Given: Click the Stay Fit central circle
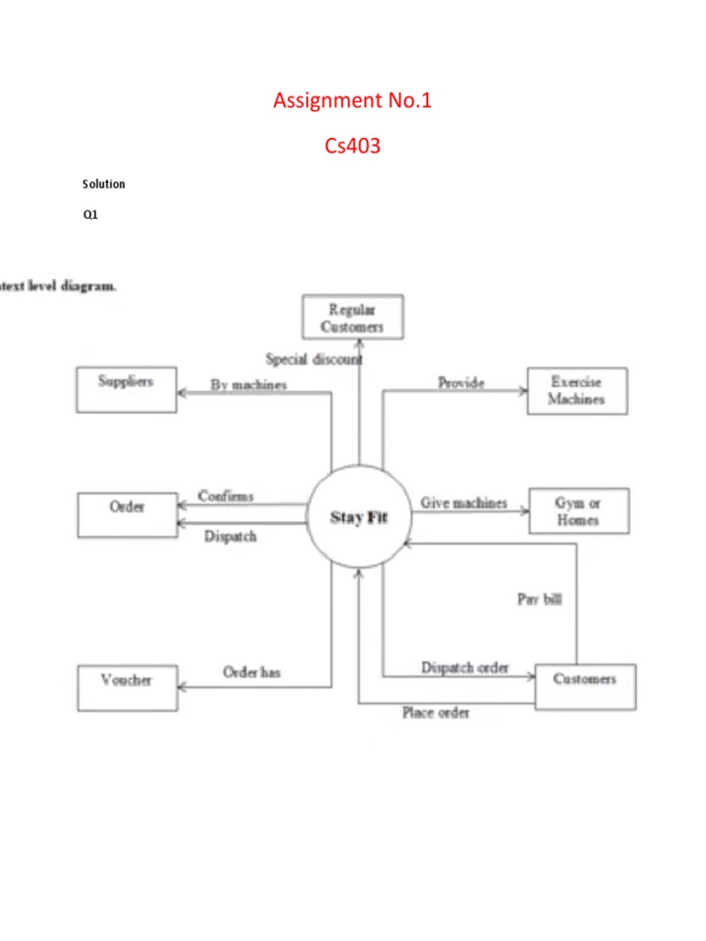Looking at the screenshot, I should pos(359,517).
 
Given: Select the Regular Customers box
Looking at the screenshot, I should pos(352,317).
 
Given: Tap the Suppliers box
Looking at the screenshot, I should pos(126,390).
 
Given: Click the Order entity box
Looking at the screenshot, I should pos(127,515).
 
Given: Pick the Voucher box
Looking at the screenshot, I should pos(127,688).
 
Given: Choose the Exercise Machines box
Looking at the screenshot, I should pos(576,391).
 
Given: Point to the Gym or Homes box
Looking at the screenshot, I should pos(578,511).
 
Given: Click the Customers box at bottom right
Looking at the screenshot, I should pos(585,686).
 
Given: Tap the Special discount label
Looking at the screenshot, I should pos(313,359).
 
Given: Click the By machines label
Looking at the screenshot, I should pos(248,385).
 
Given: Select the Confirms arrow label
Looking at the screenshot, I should pos(225,496).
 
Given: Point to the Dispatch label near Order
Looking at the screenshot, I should pos(230,537).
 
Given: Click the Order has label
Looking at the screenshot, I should pos(252,673).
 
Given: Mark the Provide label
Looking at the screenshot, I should pos(461,382).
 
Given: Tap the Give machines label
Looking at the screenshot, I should pos(463,503).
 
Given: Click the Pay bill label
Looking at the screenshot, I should pos(539,599).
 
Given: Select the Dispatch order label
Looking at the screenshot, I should pos(464,667).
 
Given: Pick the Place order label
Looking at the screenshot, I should pos(436,712).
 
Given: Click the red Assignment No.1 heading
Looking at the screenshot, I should pos(352,100).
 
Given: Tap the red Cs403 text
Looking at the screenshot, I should pos(352,145).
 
